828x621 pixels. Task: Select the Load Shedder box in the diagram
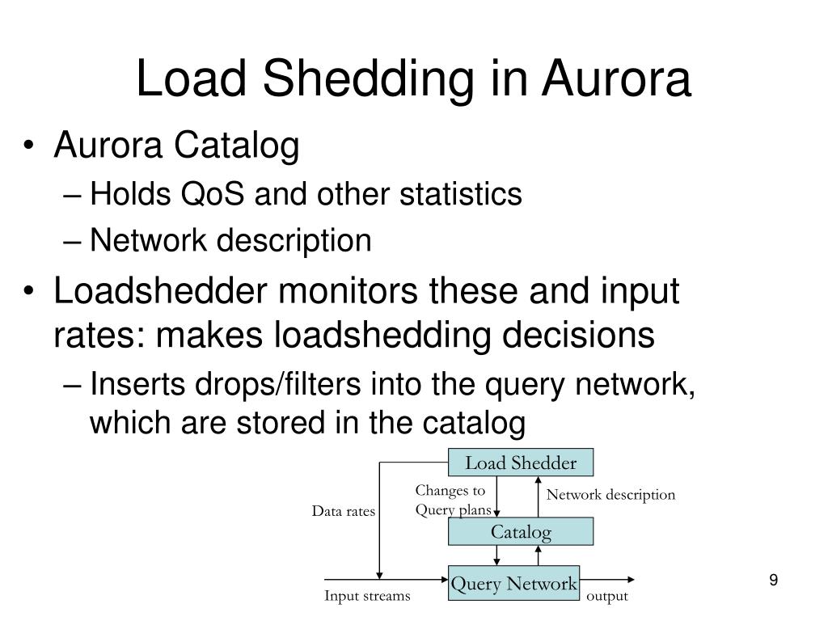pos(521,463)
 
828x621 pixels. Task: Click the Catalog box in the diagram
pos(521,532)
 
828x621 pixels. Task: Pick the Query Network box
pos(514,584)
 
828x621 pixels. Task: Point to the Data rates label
pos(344,511)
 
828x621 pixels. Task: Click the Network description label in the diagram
pos(610,495)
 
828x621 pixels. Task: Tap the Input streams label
pos(367,597)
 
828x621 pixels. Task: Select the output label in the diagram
pos(606,597)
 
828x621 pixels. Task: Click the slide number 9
pos(774,581)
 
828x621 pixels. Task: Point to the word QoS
pos(222,194)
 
